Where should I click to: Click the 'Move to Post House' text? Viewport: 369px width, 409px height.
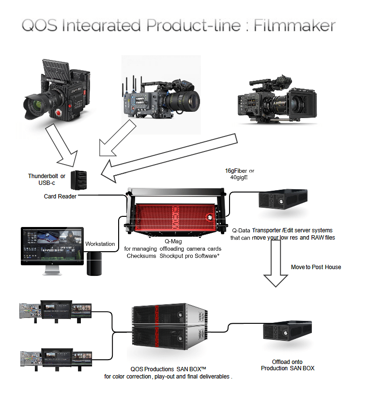[316, 267]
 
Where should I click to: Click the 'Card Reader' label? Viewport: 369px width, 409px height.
[60, 197]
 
